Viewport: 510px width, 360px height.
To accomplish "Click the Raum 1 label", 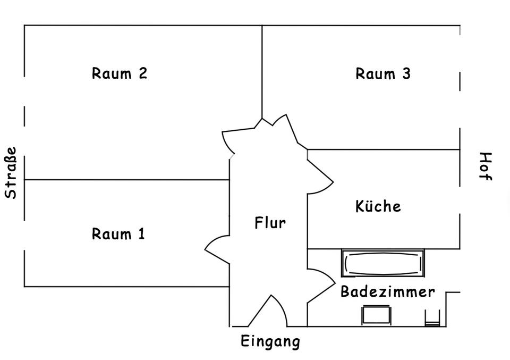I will [x=118, y=233].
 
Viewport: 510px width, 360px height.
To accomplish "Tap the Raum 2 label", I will [x=119, y=73].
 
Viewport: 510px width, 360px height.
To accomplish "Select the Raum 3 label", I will [x=382, y=73].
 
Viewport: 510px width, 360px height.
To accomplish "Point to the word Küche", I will [x=378, y=206].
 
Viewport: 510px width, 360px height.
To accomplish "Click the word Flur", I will [x=270, y=223].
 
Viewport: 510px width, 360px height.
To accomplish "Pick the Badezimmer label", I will [x=387, y=291].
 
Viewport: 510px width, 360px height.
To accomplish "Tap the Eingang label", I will [x=270, y=341].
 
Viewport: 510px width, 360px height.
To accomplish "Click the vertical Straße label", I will [x=11, y=173].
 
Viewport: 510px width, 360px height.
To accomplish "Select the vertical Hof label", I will [x=485, y=166].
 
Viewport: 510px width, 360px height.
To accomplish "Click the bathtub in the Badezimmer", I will [x=382, y=263].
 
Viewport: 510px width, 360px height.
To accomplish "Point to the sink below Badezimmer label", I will [x=376, y=314].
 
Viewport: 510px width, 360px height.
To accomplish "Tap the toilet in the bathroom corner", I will [x=432, y=318].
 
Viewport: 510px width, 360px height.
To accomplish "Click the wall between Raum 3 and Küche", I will [x=383, y=149].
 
